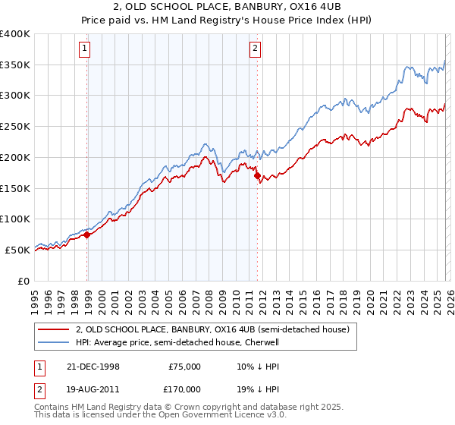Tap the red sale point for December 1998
pyautogui.click(x=87, y=235)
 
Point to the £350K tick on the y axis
pyautogui.click(x=17, y=65)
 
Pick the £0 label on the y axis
pyautogui.click(x=25, y=281)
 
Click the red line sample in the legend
pyautogui.click(x=54, y=329)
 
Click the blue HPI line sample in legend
pyautogui.click(x=54, y=342)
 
